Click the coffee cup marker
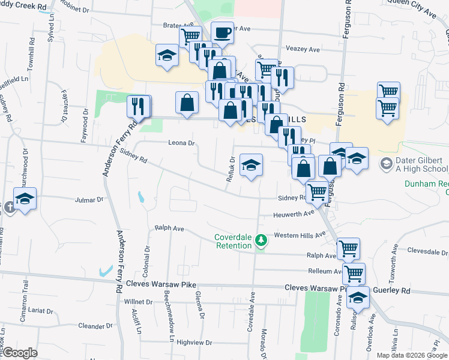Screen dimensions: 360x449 point(222,32)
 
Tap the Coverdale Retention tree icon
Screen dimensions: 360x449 point(261,241)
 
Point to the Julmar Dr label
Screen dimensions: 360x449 point(90,199)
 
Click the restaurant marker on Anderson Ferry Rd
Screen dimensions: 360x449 point(139,106)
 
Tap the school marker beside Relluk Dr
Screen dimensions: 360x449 point(251,165)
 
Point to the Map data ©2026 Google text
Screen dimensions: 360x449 point(412,355)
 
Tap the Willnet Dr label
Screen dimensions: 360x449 point(138,302)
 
